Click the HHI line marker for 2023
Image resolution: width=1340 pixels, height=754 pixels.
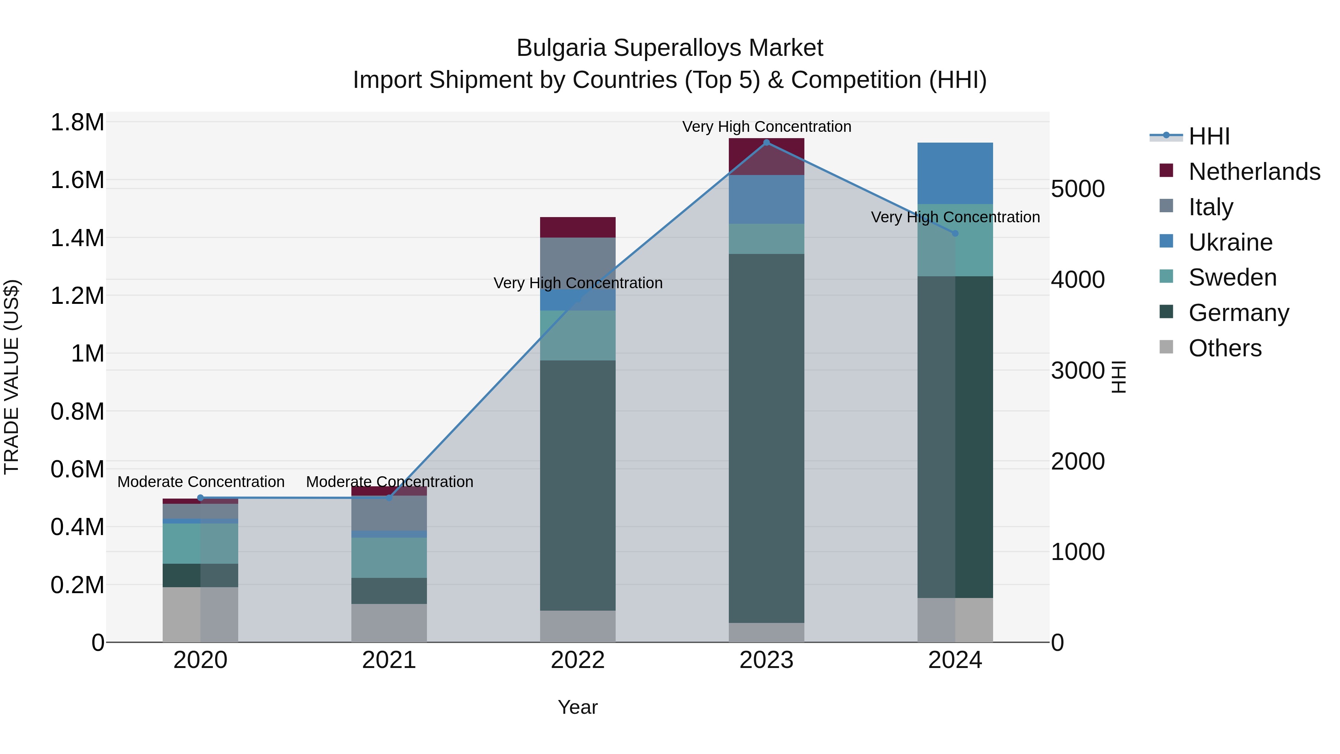[766, 143]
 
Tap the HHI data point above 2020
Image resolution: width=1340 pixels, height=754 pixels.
[201, 498]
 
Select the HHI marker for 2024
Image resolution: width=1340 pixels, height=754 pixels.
[955, 233]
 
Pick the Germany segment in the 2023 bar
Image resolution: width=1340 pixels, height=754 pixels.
[766, 438]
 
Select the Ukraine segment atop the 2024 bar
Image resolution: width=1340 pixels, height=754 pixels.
[955, 173]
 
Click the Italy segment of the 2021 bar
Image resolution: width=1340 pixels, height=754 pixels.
[389, 513]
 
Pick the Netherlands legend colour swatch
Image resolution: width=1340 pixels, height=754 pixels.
[1166, 171]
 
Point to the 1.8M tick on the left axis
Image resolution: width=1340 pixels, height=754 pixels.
[77, 123]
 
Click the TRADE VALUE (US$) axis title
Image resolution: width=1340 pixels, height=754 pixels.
[12, 377]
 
